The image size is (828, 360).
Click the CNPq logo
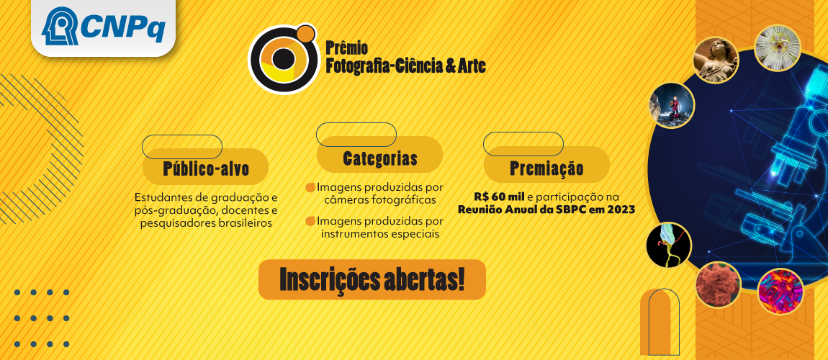(x=103, y=28)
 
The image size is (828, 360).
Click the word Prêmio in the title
(x=346, y=48)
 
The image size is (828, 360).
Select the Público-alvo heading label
(x=206, y=169)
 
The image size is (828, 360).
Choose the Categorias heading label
(x=379, y=158)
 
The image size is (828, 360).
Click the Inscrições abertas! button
(x=372, y=280)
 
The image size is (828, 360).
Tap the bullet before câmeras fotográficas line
(x=310, y=187)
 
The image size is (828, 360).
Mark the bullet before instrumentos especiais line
(x=310, y=220)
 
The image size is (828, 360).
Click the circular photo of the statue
(x=716, y=60)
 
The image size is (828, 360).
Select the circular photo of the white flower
(x=778, y=48)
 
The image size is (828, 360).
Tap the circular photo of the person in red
(x=672, y=106)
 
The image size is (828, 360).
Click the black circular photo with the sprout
(x=668, y=246)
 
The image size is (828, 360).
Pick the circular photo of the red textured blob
(x=718, y=284)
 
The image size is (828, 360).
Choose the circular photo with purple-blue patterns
(x=780, y=291)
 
